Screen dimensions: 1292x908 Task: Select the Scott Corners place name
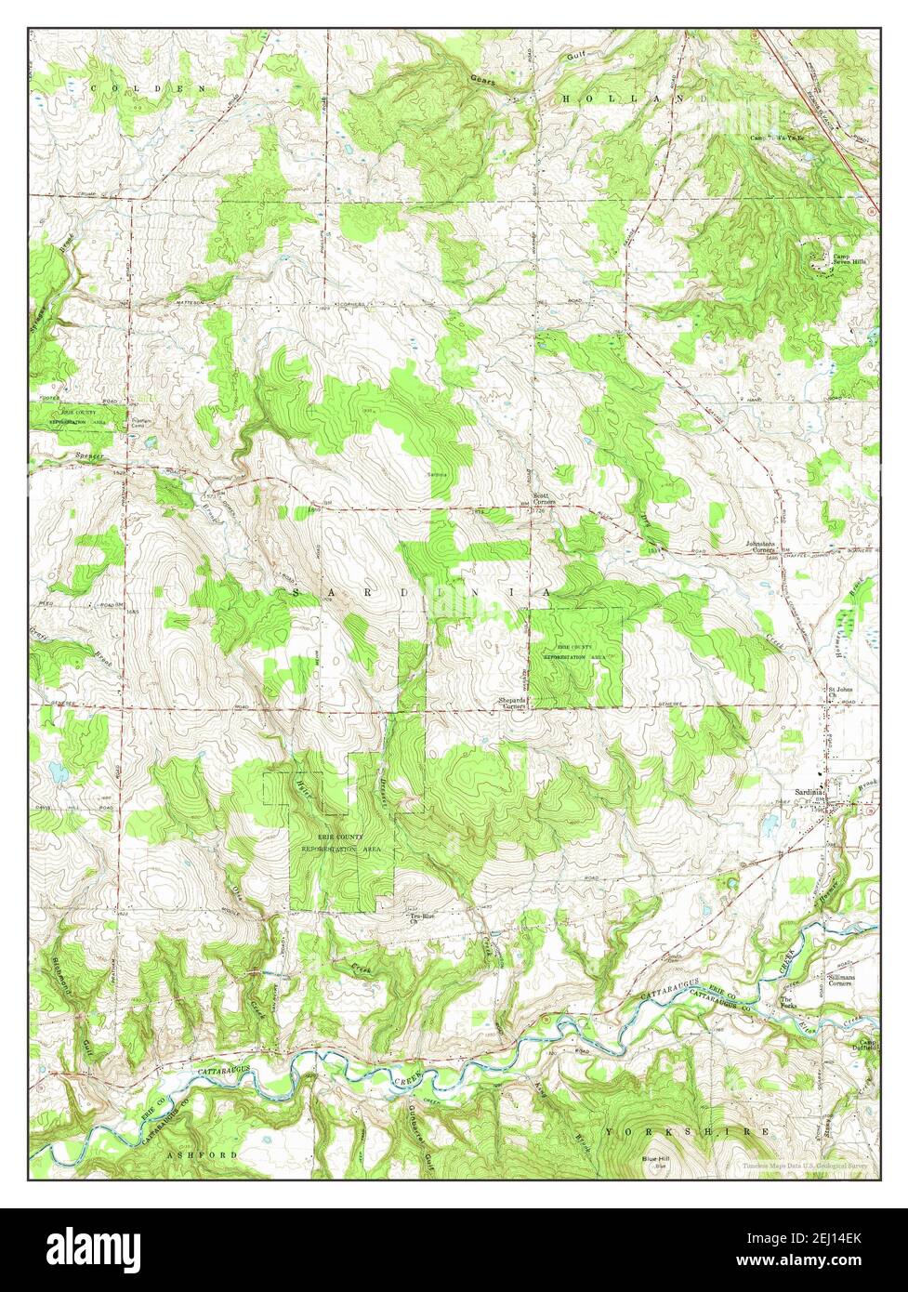543,499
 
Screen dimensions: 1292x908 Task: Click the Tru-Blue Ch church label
423,919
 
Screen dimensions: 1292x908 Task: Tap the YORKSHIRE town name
688,1132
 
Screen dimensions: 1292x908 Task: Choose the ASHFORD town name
203,1154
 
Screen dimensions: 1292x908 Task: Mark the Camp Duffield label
867,1046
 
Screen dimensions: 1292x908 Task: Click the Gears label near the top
482,81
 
